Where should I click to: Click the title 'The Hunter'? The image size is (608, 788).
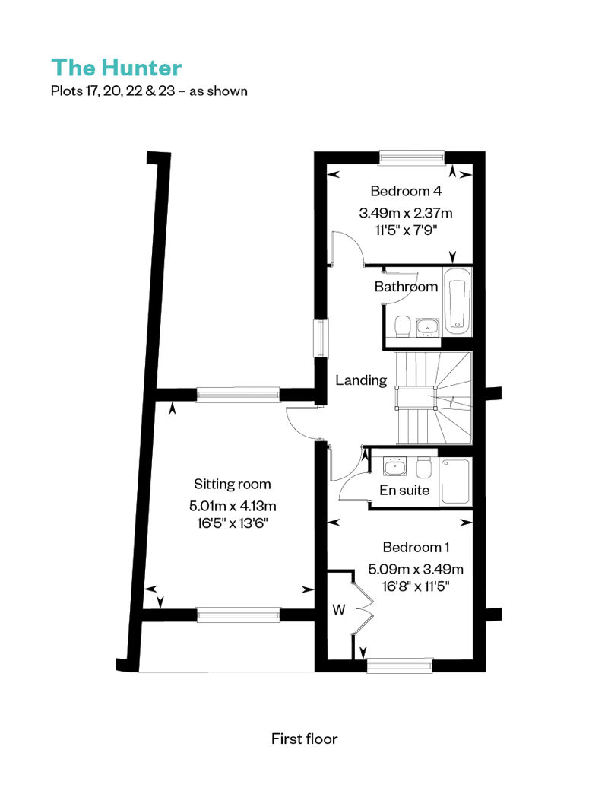(x=116, y=68)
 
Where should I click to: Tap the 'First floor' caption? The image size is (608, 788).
(x=304, y=739)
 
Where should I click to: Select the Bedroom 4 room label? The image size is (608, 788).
(x=406, y=191)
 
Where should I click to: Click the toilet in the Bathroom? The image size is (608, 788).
(x=403, y=326)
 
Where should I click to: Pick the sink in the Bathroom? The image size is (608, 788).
(x=427, y=327)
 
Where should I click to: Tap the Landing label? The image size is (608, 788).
(x=361, y=380)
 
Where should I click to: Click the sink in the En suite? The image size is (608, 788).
(x=394, y=466)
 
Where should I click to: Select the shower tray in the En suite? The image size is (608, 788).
(x=455, y=481)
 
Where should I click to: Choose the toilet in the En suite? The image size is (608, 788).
(x=424, y=467)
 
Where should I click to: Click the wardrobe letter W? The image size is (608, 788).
(x=339, y=609)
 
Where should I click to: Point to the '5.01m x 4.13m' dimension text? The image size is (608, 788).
(x=233, y=506)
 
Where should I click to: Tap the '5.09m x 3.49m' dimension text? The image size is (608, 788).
(x=416, y=569)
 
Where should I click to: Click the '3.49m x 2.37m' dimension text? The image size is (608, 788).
(x=406, y=213)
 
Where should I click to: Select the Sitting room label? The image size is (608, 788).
(x=233, y=484)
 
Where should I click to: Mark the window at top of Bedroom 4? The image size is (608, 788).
(x=412, y=157)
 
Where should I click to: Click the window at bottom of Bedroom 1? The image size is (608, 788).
(x=400, y=666)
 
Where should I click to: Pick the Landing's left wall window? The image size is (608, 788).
(x=320, y=338)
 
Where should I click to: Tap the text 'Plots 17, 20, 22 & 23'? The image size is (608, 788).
(x=113, y=91)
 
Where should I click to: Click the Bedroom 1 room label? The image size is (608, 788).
(x=416, y=547)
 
